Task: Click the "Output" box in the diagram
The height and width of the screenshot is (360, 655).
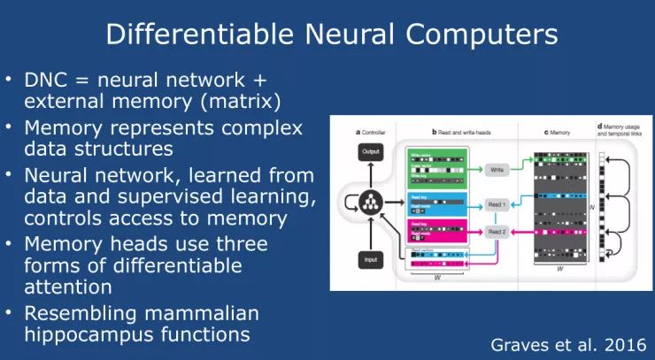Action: [x=370, y=152]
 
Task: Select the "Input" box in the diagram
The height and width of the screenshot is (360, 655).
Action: [x=370, y=260]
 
